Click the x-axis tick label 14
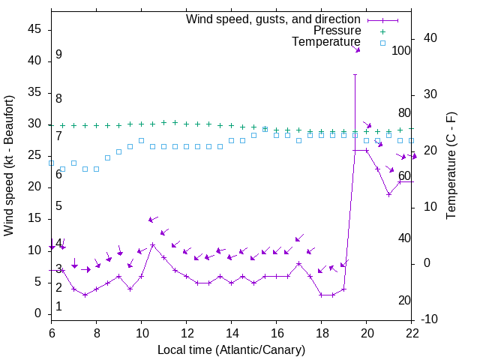[x=232, y=333]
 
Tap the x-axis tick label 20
[x=367, y=333]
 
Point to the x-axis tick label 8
[x=97, y=333]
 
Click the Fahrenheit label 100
[x=401, y=51]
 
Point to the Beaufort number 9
[x=58, y=55]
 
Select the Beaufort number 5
[x=58, y=206]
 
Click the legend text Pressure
[x=337, y=31]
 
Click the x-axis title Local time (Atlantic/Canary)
[x=232, y=349]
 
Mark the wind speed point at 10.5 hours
[x=153, y=244]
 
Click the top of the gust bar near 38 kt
[x=355, y=74]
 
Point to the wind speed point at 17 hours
[x=299, y=263]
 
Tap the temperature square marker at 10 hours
[x=142, y=140]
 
